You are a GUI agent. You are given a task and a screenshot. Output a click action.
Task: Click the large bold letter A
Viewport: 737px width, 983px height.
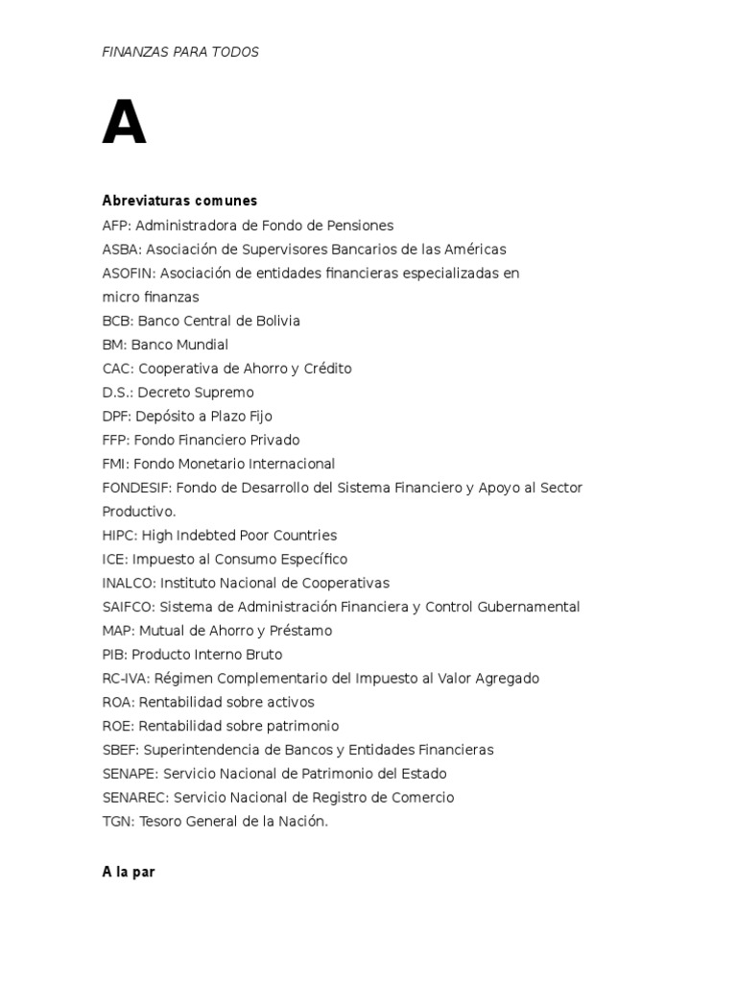click(x=124, y=125)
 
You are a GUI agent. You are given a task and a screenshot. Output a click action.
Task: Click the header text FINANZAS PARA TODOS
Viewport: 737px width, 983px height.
click(x=180, y=52)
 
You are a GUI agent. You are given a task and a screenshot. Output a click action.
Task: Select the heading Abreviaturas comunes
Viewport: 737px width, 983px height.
click(x=179, y=201)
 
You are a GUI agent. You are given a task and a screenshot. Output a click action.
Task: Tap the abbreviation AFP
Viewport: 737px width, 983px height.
click(x=115, y=226)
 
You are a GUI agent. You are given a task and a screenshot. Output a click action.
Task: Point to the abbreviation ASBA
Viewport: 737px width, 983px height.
click(x=118, y=250)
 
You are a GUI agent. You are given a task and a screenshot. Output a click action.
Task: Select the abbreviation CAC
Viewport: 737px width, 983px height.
click(x=116, y=369)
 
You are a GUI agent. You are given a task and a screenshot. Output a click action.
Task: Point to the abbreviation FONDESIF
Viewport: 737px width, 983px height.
click(x=135, y=488)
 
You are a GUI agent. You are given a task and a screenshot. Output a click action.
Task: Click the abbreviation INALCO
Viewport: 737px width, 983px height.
click(x=127, y=583)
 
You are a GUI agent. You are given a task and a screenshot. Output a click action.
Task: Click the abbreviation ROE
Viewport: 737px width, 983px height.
click(x=117, y=726)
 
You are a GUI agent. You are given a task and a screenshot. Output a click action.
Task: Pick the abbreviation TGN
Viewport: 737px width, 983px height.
click(x=116, y=821)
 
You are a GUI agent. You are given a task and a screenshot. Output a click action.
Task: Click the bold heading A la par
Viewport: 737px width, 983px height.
click(x=129, y=873)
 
